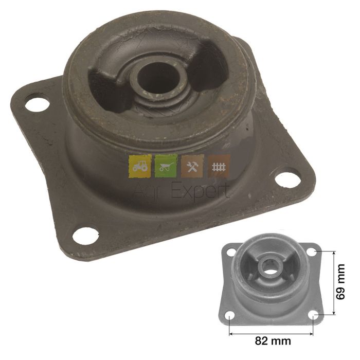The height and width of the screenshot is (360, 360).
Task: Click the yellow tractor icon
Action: pyautogui.click(x=140, y=166)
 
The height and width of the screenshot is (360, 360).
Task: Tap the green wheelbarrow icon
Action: pyautogui.click(x=166, y=166)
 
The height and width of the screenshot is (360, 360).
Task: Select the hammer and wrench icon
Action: pyautogui.click(x=192, y=166)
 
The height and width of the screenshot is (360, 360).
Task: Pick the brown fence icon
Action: pyautogui.click(x=219, y=166)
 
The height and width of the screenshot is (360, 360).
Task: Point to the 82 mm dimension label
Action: pyautogui.click(x=273, y=340)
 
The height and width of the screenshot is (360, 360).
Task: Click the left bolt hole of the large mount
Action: pyautogui.click(x=37, y=105)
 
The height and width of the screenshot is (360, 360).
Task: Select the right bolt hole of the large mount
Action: pyautogui.click(x=287, y=180)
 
